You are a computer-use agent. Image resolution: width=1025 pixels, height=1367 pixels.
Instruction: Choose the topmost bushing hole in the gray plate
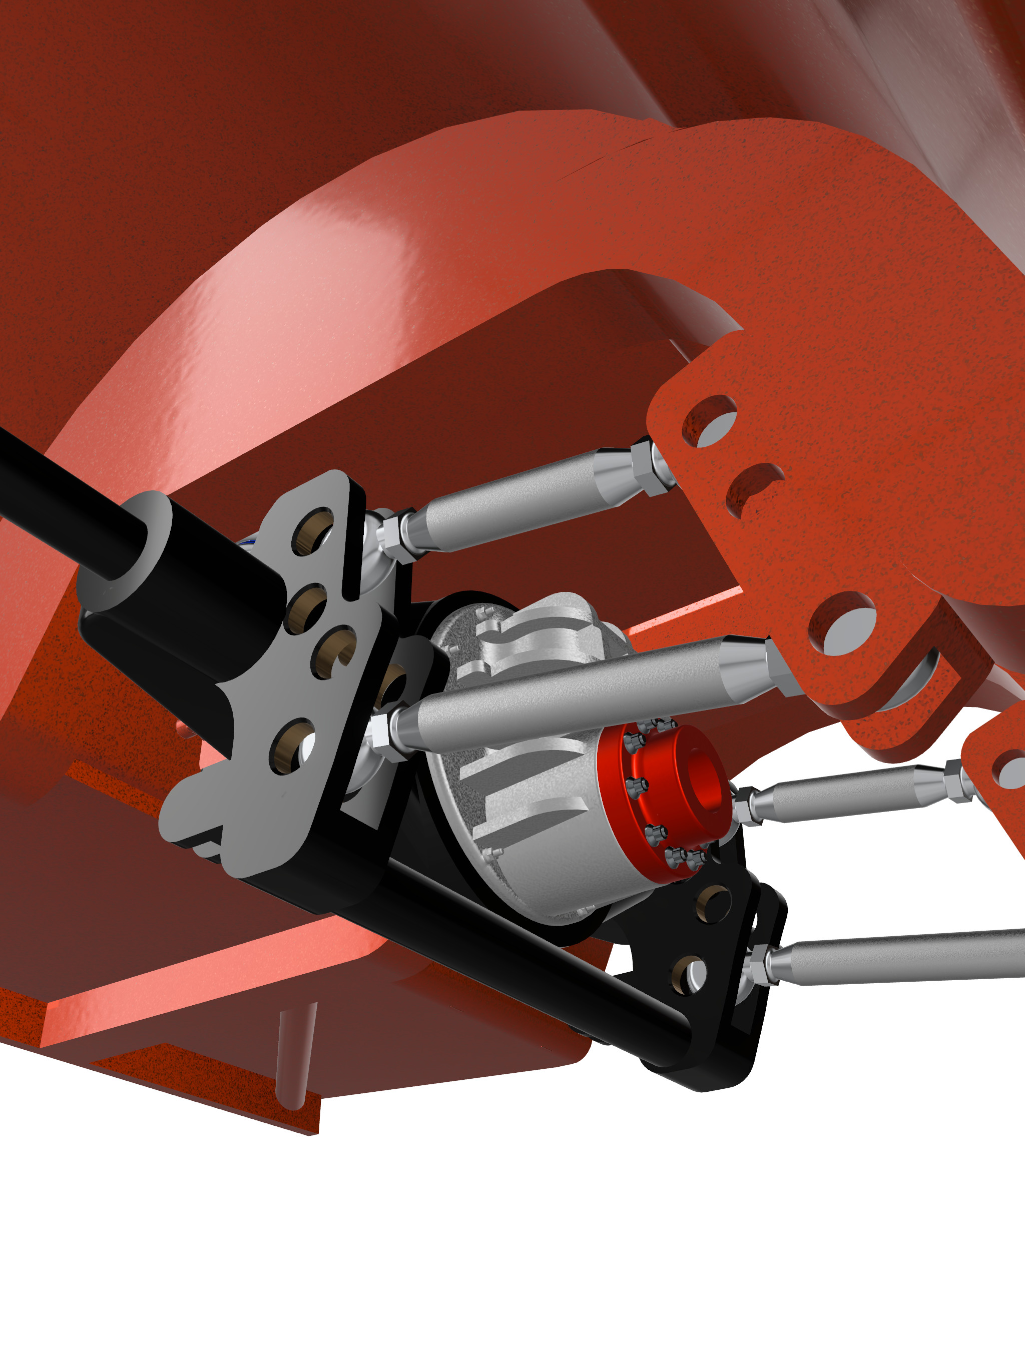click(x=313, y=531)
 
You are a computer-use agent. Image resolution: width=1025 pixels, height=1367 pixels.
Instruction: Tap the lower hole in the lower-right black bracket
click(x=689, y=976)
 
